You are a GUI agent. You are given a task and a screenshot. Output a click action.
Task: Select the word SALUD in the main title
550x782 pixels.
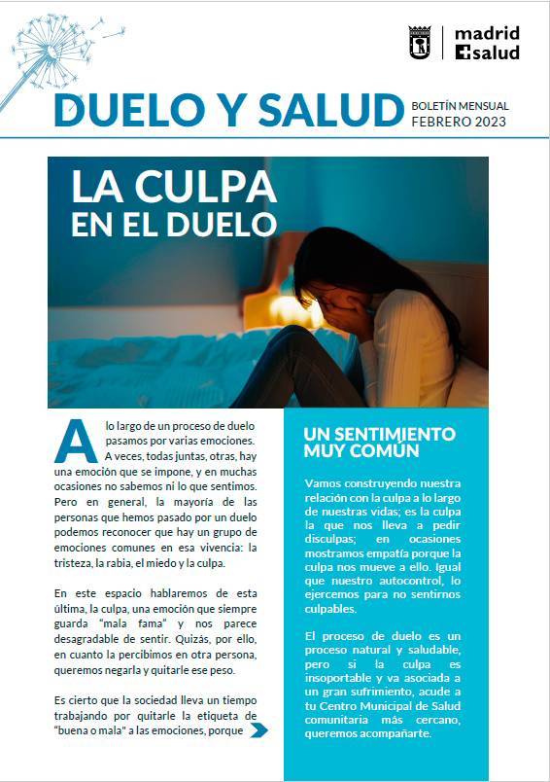point(318,110)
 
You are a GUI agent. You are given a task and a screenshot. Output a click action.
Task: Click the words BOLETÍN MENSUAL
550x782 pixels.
point(460,105)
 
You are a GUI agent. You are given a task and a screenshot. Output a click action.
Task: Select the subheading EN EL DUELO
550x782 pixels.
point(174,223)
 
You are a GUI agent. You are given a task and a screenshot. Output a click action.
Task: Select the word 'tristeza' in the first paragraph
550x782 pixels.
point(77,563)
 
